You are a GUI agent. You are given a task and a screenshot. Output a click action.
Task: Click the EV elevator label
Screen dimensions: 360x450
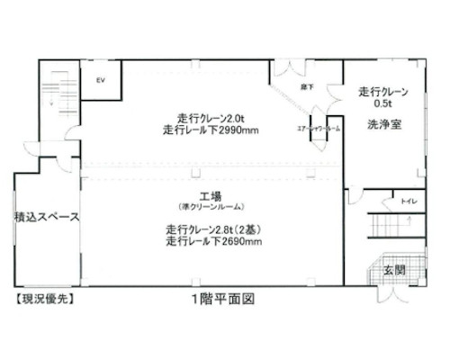(101, 79)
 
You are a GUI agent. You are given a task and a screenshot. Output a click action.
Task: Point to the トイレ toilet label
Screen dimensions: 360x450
(408, 201)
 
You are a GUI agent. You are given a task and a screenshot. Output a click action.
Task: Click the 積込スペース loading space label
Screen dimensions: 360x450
(47, 218)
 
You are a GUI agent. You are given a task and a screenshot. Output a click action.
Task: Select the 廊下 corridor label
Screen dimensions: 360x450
(305, 85)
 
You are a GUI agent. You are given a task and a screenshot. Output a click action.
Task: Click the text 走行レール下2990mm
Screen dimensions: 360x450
(212, 130)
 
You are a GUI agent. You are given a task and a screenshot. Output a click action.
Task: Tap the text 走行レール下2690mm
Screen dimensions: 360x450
(213, 241)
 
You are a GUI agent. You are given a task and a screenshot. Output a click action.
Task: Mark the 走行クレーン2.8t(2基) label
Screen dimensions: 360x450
(212, 229)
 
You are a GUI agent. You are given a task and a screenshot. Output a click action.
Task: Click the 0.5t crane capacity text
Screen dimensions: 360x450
(384, 103)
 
